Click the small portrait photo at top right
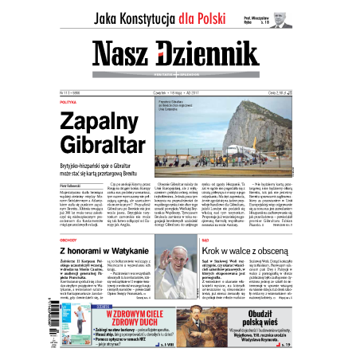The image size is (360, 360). pos(280,17)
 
